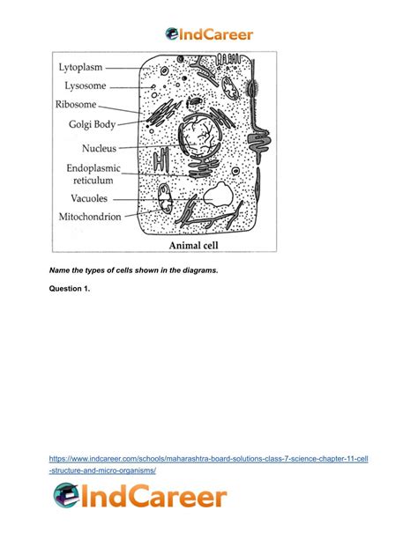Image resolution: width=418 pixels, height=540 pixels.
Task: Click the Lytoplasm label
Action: (x=80, y=67)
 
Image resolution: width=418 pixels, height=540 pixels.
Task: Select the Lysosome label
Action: (x=86, y=85)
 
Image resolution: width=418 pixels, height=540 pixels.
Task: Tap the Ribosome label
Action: (x=76, y=104)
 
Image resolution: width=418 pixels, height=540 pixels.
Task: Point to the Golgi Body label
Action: (x=92, y=124)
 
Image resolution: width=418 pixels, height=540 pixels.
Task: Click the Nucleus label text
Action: (x=100, y=148)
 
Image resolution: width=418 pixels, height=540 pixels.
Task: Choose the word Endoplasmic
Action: (x=93, y=168)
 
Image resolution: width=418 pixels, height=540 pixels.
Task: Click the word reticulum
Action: (x=93, y=180)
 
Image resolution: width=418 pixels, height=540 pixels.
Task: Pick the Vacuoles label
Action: (x=89, y=198)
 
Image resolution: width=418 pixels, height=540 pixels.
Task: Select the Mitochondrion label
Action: (x=90, y=217)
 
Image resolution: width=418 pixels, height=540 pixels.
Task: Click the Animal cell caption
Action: (x=193, y=245)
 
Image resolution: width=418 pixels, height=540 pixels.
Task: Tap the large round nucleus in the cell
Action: (x=199, y=135)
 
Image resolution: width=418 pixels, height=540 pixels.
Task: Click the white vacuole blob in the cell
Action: (x=218, y=195)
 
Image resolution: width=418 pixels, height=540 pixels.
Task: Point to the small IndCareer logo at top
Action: (x=209, y=34)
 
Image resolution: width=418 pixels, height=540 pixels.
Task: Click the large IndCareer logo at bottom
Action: (x=140, y=496)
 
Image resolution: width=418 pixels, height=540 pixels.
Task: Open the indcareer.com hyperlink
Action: (x=208, y=464)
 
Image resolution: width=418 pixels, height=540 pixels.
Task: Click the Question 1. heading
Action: (x=70, y=289)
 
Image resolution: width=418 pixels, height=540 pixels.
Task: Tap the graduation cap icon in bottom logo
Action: (x=66, y=495)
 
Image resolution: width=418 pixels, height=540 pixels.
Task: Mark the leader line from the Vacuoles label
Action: (x=163, y=199)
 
